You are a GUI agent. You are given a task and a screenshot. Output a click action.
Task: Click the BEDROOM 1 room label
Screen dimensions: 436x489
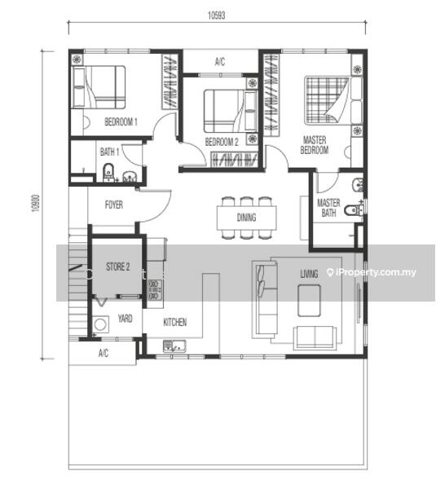121,121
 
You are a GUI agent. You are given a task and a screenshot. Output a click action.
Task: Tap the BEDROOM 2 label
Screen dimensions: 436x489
222,142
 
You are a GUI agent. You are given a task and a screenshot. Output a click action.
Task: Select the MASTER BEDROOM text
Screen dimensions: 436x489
315,145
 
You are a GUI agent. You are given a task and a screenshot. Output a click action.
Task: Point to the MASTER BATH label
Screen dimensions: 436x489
328,208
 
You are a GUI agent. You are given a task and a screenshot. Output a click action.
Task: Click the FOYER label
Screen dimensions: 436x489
114,205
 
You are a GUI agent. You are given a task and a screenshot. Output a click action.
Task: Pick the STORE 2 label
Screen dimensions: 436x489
117,267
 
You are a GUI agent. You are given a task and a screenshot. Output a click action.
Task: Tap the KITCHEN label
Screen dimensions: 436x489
175,322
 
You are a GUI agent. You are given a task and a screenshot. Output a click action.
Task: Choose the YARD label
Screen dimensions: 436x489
125,319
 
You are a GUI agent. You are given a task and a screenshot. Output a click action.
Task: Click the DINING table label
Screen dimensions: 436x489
246,218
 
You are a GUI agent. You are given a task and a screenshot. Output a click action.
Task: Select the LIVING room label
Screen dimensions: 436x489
309,274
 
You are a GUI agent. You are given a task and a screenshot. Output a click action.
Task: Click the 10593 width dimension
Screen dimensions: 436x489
217,15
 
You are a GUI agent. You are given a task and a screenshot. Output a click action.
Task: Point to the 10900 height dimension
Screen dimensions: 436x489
36,203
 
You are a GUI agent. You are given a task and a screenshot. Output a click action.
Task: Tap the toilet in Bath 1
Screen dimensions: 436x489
108,172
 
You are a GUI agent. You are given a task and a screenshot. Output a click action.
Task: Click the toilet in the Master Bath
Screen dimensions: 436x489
355,209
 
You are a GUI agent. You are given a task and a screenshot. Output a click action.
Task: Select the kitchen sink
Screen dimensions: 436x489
174,346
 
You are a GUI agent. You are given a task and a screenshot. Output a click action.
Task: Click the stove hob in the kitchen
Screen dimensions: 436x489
155,289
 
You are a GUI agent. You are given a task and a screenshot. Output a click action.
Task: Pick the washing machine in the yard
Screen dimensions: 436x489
100,324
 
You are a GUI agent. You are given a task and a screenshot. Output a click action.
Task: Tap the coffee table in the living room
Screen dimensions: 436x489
309,301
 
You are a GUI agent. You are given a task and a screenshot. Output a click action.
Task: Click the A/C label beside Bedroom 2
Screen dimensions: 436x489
220,62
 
